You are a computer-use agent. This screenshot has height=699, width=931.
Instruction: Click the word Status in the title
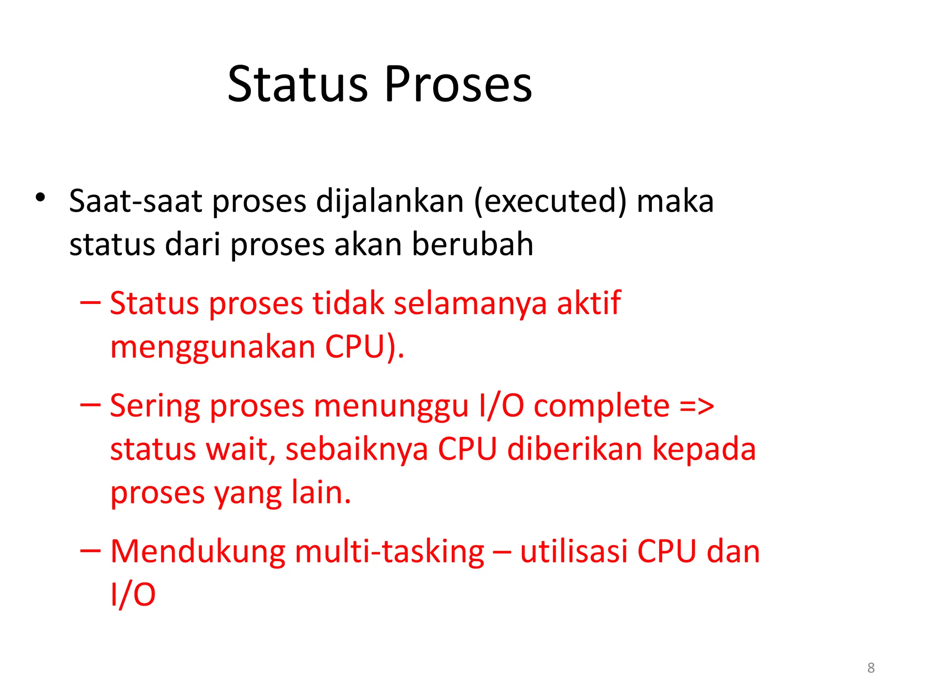298,84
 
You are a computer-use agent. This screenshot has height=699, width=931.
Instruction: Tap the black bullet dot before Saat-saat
40,198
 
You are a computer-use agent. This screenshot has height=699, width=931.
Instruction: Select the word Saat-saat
135,201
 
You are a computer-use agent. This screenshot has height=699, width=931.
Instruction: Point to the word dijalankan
390,201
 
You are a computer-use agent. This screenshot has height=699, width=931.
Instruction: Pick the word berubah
472,244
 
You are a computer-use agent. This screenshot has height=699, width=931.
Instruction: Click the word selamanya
470,303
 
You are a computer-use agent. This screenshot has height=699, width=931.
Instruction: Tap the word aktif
589,303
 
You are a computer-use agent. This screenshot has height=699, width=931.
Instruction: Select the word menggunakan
213,348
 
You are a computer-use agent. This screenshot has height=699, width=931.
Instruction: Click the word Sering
155,406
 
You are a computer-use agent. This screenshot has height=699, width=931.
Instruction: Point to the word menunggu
391,406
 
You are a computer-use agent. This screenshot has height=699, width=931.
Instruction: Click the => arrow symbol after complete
697,406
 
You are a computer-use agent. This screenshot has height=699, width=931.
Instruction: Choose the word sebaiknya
357,450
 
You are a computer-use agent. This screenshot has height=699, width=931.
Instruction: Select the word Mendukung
198,552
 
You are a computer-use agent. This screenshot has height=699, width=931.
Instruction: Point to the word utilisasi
574,552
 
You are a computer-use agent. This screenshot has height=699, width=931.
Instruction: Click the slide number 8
871,668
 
